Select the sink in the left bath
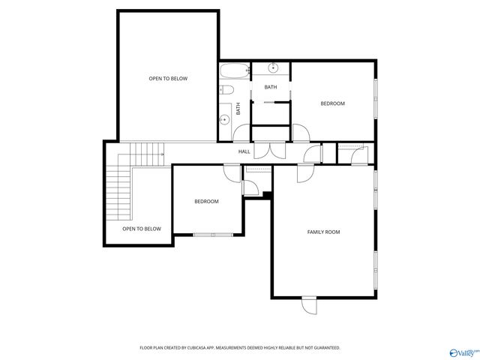point(224,118)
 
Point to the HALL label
point(244,151)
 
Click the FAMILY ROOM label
point(323,232)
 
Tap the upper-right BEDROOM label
point(332,103)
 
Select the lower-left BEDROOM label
point(206,201)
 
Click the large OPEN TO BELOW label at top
point(168,78)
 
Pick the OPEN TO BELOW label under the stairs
point(142,229)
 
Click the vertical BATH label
point(238,108)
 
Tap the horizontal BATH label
point(270,87)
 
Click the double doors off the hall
point(269,149)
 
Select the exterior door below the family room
point(310,306)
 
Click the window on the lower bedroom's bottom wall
point(213,235)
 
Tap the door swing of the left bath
point(242,133)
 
